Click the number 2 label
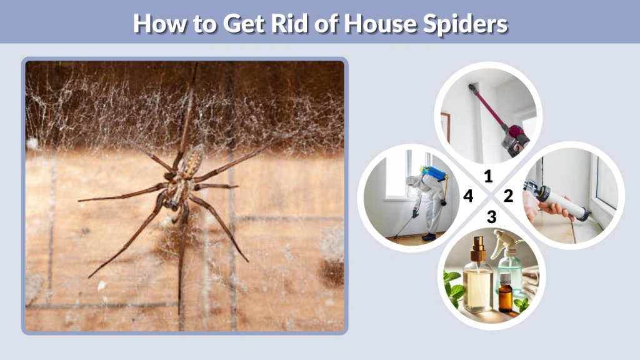(508, 196)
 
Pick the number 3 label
(491, 217)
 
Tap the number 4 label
(468, 197)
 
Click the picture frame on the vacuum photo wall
(445, 126)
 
